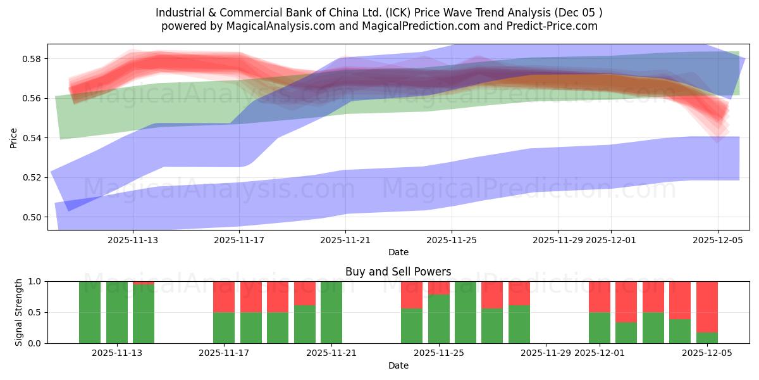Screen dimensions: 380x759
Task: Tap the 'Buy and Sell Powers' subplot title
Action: pos(398,272)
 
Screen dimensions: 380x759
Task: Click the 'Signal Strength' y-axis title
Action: pos(19,312)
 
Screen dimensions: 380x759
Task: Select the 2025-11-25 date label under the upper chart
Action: pos(452,240)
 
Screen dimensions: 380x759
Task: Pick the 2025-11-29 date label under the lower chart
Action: pos(546,353)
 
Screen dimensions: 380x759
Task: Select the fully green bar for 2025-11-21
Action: pos(331,312)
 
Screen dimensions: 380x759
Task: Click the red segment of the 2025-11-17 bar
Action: pos(224,296)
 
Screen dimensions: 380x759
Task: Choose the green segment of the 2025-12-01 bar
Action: pos(599,327)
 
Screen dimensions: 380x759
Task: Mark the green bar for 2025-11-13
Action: pos(116,312)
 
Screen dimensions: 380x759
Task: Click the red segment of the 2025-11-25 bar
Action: pos(438,288)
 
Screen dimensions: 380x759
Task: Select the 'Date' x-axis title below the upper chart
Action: pos(398,252)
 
